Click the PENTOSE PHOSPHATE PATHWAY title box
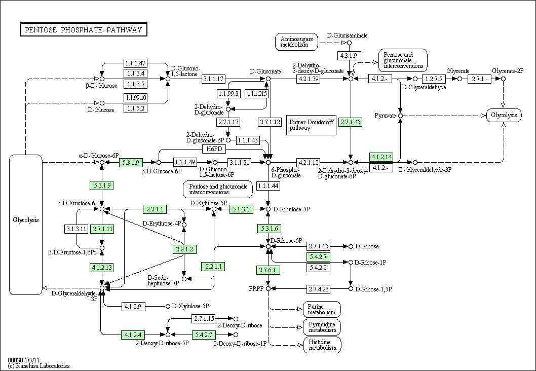(84, 30)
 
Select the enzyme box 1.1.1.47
(135, 63)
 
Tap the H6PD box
(214, 149)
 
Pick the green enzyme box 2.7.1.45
(351, 122)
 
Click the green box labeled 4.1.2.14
(381, 157)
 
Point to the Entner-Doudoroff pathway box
(312, 125)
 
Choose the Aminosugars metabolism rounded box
(296, 42)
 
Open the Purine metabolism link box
(322, 310)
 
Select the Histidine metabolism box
(322, 345)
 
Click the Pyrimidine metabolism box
(322, 327)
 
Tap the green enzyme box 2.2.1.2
(184, 249)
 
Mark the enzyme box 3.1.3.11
(76, 229)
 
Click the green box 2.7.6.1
(269, 270)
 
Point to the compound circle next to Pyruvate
(400, 116)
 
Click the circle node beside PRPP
(269, 289)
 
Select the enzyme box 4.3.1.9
(349, 55)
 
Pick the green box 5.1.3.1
(241, 209)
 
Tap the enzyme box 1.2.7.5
(434, 79)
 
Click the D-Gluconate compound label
(265, 71)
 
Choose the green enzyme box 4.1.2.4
(133, 335)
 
